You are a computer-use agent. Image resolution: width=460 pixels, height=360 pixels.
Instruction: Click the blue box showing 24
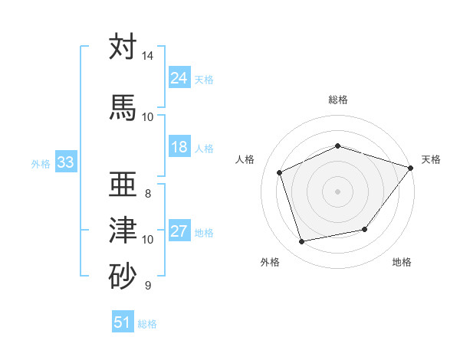click(x=179, y=78)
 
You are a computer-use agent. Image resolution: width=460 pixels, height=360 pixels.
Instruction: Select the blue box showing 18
click(x=179, y=147)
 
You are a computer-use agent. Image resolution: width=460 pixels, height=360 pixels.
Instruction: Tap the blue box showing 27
click(x=179, y=232)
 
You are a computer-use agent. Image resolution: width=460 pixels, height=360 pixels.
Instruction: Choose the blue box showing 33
click(x=65, y=162)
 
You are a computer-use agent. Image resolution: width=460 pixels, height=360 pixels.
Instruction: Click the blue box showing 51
click(x=123, y=322)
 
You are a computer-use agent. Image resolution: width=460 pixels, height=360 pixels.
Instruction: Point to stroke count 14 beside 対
click(x=148, y=56)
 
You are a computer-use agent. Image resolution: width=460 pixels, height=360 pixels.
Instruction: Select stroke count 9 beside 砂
click(x=148, y=286)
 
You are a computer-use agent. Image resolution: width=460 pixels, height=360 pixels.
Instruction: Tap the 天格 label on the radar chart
click(x=431, y=159)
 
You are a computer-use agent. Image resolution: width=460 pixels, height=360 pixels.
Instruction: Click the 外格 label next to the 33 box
click(x=41, y=163)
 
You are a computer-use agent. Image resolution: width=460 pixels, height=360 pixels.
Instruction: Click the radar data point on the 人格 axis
click(x=280, y=172)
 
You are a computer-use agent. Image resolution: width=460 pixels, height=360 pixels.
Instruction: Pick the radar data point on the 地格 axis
click(x=365, y=229)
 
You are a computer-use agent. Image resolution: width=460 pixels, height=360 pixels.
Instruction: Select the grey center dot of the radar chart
click(x=337, y=191)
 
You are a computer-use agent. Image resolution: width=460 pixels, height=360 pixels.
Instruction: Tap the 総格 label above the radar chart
click(x=338, y=100)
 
